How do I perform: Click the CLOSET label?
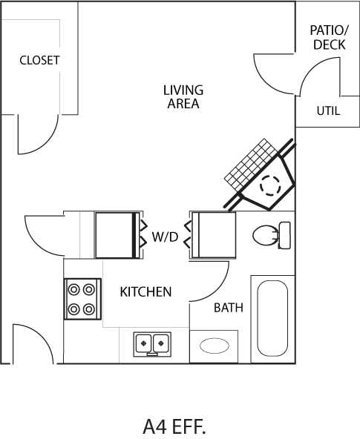point(40,60)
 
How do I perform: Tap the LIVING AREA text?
point(183,97)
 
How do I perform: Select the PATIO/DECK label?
point(329,38)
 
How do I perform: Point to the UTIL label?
point(328,111)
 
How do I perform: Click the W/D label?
point(165,237)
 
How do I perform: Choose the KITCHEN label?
point(145,292)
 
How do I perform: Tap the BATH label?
point(229,308)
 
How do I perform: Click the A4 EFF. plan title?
point(174,426)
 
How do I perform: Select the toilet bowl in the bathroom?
point(265,236)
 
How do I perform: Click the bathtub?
point(272,319)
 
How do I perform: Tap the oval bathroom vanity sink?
point(214,346)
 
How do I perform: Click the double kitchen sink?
point(152,344)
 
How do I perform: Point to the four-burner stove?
point(82,299)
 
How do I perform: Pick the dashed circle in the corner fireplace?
point(270,185)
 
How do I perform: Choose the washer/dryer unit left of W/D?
point(117,235)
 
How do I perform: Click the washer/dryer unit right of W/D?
point(214,234)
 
